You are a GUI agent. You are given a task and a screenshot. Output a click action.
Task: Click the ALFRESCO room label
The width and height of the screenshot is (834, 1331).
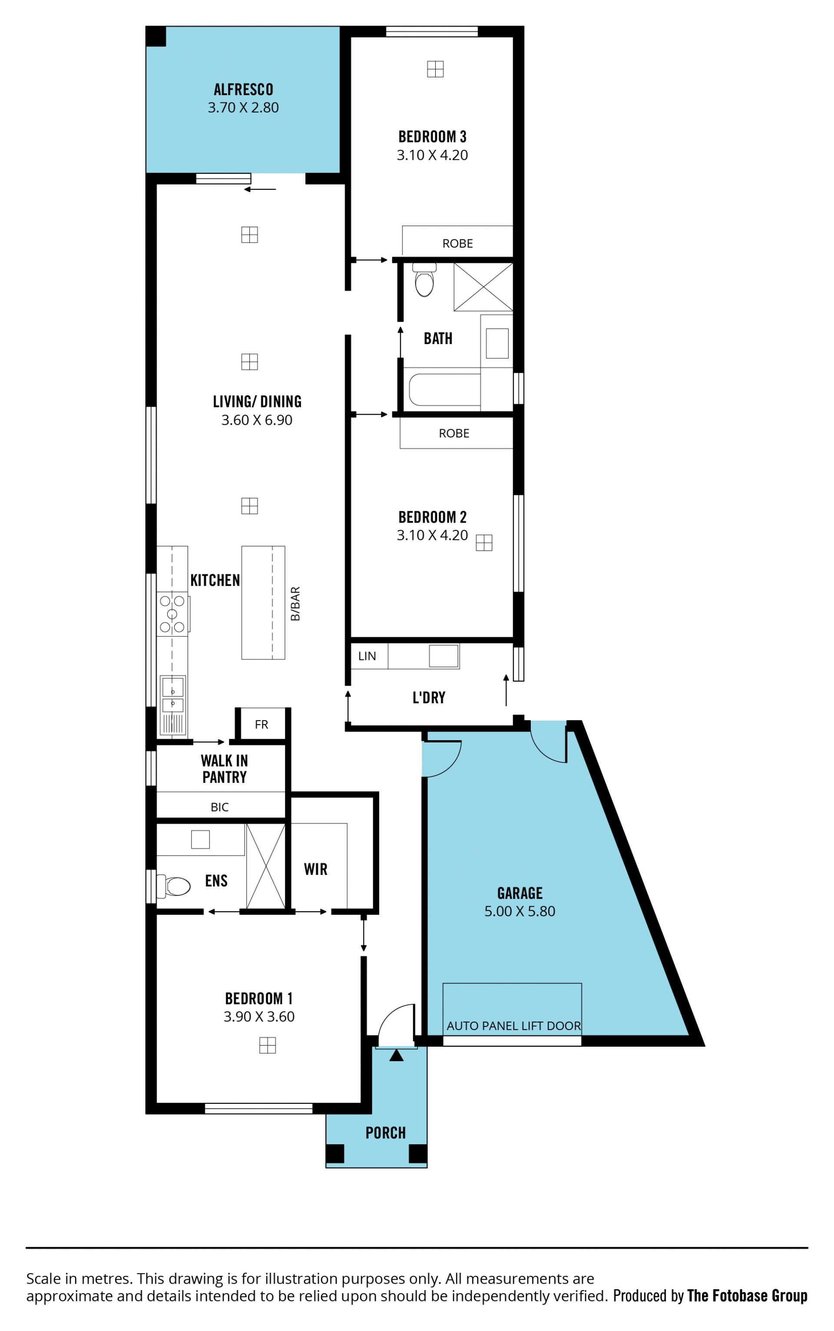click(x=243, y=89)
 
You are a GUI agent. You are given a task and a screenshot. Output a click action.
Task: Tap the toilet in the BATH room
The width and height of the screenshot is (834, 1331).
click(x=424, y=280)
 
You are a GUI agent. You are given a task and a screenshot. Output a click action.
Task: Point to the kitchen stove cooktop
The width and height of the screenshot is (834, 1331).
click(x=172, y=614)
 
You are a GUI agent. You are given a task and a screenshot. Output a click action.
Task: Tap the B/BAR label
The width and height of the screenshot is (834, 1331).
click(x=295, y=603)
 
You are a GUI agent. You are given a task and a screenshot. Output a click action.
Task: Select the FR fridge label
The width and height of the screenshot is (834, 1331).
click(x=261, y=724)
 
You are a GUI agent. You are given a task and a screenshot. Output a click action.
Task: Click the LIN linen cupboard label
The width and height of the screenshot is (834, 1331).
click(x=367, y=656)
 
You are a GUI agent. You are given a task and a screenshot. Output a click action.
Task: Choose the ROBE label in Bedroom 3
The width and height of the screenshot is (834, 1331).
click(x=457, y=243)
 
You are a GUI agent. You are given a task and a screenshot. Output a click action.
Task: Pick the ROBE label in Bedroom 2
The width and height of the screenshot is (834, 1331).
click(x=454, y=433)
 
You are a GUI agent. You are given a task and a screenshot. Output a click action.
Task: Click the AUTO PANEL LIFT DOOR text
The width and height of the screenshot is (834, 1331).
click(x=513, y=1026)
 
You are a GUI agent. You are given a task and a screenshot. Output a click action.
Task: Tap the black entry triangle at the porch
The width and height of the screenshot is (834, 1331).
click(x=396, y=1055)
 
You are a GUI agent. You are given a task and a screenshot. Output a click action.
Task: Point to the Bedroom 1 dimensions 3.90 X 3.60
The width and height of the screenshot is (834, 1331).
click(x=259, y=1016)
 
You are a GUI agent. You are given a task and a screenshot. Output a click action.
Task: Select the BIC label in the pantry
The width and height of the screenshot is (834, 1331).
click(x=219, y=807)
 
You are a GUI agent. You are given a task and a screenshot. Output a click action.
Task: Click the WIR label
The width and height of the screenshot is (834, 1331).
click(x=315, y=869)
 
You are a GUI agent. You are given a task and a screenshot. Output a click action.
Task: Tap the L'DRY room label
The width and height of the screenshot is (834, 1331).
click(x=429, y=697)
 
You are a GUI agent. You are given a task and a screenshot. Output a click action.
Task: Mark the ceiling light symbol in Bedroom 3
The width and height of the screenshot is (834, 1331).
click(x=435, y=69)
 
